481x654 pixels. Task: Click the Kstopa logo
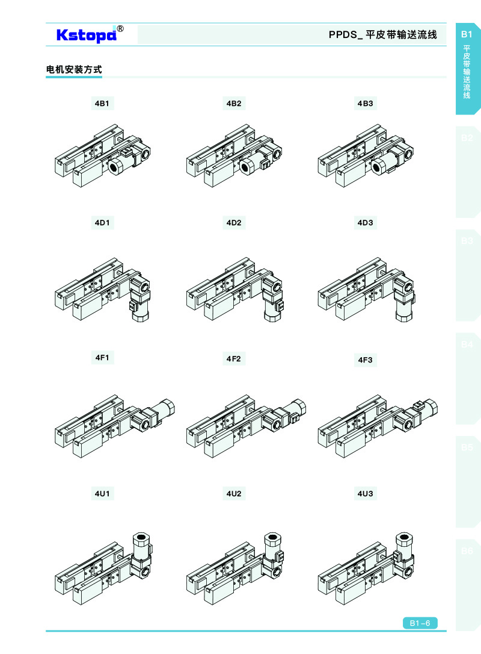[x=87, y=34]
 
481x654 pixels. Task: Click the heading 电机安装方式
[x=74, y=70]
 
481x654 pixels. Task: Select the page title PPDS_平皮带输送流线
[x=383, y=34]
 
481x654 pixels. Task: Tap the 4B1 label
[x=102, y=104]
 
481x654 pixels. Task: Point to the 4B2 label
[x=234, y=104]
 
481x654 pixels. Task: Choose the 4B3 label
[x=365, y=104]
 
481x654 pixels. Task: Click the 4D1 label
[x=102, y=223]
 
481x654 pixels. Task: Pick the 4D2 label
[x=234, y=223]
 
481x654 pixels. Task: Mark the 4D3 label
[x=365, y=223]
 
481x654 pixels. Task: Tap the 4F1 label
[x=102, y=358]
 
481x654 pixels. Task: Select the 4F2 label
[x=234, y=359]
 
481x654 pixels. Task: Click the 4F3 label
[x=365, y=360]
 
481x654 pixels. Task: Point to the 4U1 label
[x=102, y=494]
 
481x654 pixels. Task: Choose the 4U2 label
[x=234, y=494]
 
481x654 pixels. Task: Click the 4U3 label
[x=365, y=494]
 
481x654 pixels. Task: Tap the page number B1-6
[x=420, y=623]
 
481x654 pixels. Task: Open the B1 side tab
[x=467, y=67]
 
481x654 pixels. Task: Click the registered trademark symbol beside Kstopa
[x=120, y=29]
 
